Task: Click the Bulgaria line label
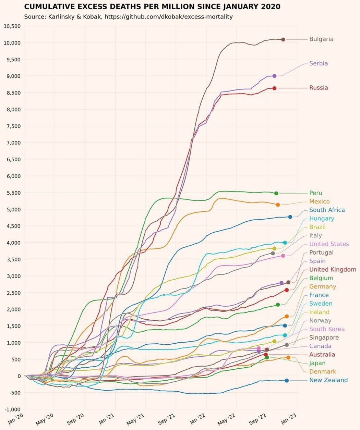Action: point(321,39)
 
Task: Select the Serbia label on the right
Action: point(318,63)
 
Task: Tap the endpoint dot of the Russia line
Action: point(274,88)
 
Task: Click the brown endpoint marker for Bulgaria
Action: point(283,39)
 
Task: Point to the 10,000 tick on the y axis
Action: point(12,43)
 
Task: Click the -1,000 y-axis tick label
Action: point(13,409)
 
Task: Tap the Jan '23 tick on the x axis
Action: point(289,419)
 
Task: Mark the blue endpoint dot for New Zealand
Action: point(287,380)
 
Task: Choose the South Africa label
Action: point(327,210)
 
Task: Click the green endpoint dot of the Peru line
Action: point(276,193)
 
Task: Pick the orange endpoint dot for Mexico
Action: point(278,205)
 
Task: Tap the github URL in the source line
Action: point(168,16)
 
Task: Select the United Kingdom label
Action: point(333,270)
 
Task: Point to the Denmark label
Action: point(322,371)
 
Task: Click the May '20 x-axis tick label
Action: point(45,419)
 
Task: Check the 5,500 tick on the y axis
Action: point(13,193)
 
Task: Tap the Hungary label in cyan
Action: point(321,219)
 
